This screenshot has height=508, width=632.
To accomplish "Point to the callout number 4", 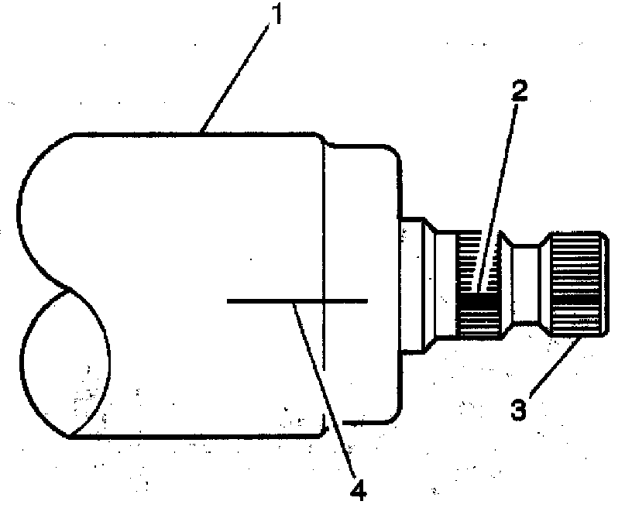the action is (x=358, y=489).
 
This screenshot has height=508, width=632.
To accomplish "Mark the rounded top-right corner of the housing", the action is (x=393, y=154).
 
